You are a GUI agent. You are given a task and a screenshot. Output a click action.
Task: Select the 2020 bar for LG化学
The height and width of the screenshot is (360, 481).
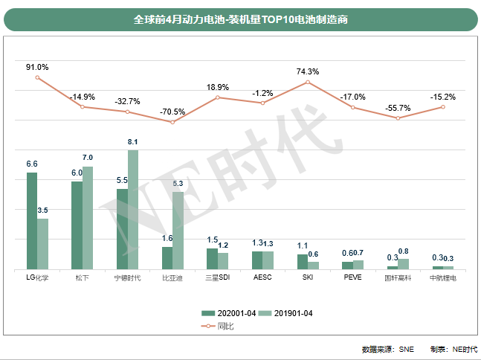click(x=32, y=221)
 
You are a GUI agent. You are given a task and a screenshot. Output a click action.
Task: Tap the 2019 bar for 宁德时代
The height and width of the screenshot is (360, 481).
click(x=133, y=210)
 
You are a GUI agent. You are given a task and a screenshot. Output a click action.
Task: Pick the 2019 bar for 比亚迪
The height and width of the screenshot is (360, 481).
click(x=178, y=231)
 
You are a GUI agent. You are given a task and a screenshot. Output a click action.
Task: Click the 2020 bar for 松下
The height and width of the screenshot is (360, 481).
click(x=77, y=225)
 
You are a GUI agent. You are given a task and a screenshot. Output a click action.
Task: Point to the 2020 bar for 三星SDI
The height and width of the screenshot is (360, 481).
click(x=212, y=258)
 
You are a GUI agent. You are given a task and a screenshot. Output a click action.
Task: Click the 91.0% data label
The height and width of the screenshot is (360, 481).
click(x=37, y=67)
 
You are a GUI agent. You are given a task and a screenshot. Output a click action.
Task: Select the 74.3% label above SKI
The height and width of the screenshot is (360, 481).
click(x=307, y=71)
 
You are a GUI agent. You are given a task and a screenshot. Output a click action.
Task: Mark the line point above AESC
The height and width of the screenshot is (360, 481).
click(x=262, y=103)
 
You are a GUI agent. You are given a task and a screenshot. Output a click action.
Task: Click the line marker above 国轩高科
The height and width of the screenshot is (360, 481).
click(x=398, y=118)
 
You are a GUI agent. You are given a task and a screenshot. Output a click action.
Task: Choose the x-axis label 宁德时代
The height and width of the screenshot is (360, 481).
click(x=127, y=278)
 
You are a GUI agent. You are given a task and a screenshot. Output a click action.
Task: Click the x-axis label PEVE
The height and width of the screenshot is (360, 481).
click(x=352, y=278)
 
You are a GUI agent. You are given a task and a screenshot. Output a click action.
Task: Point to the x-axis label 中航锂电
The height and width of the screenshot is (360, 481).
click(x=443, y=278)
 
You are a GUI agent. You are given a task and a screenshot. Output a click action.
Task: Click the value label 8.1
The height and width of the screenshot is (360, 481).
click(x=133, y=141)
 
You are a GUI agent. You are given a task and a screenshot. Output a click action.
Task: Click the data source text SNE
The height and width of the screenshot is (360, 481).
click(x=407, y=350)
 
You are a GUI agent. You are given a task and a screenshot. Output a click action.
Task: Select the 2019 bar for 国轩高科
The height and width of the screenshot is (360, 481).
click(x=403, y=263)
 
